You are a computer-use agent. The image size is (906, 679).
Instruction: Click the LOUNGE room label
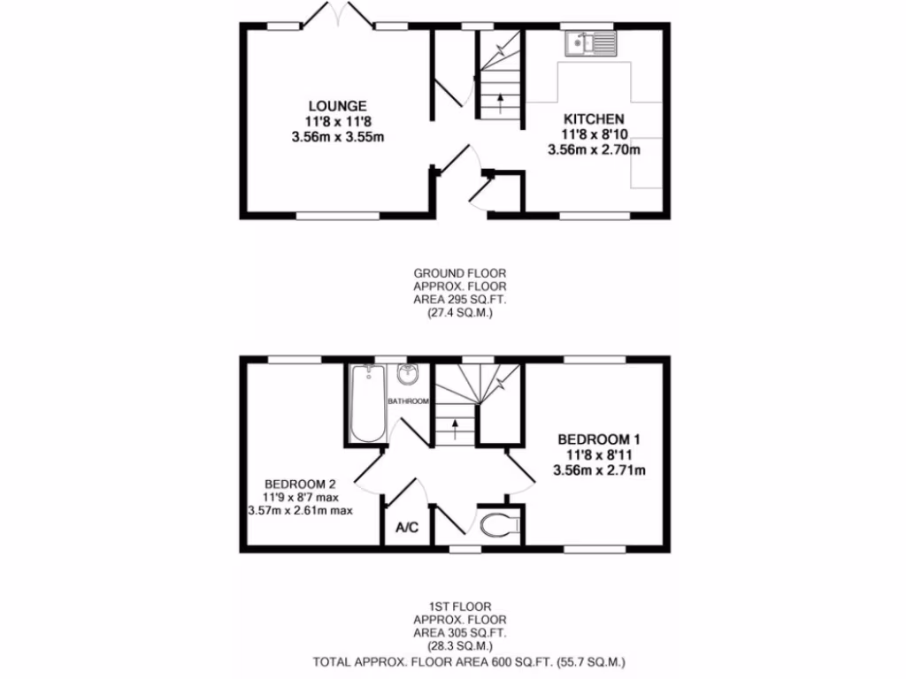(x=332, y=106)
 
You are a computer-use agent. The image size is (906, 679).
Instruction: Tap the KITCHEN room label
(x=594, y=118)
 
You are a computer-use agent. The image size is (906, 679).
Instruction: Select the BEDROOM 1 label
(x=599, y=439)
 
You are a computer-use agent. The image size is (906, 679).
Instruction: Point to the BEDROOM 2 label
(x=301, y=484)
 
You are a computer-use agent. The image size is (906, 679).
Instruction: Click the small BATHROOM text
(x=408, y=401)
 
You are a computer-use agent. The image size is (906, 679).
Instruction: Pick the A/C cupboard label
(x=407, y=529)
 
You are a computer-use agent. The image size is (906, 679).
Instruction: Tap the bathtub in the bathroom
(x=366, y=404)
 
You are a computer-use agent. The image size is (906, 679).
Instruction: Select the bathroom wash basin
(x=408, y=375)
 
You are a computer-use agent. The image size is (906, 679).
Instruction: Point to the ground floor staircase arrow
(x=501, y=102)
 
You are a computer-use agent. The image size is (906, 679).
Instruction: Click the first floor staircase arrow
(x=456, y=429)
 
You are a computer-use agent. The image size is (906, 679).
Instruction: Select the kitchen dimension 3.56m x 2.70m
(x=594, y=149)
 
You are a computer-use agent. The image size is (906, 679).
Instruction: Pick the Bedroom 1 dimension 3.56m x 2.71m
(x=599, y=469)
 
